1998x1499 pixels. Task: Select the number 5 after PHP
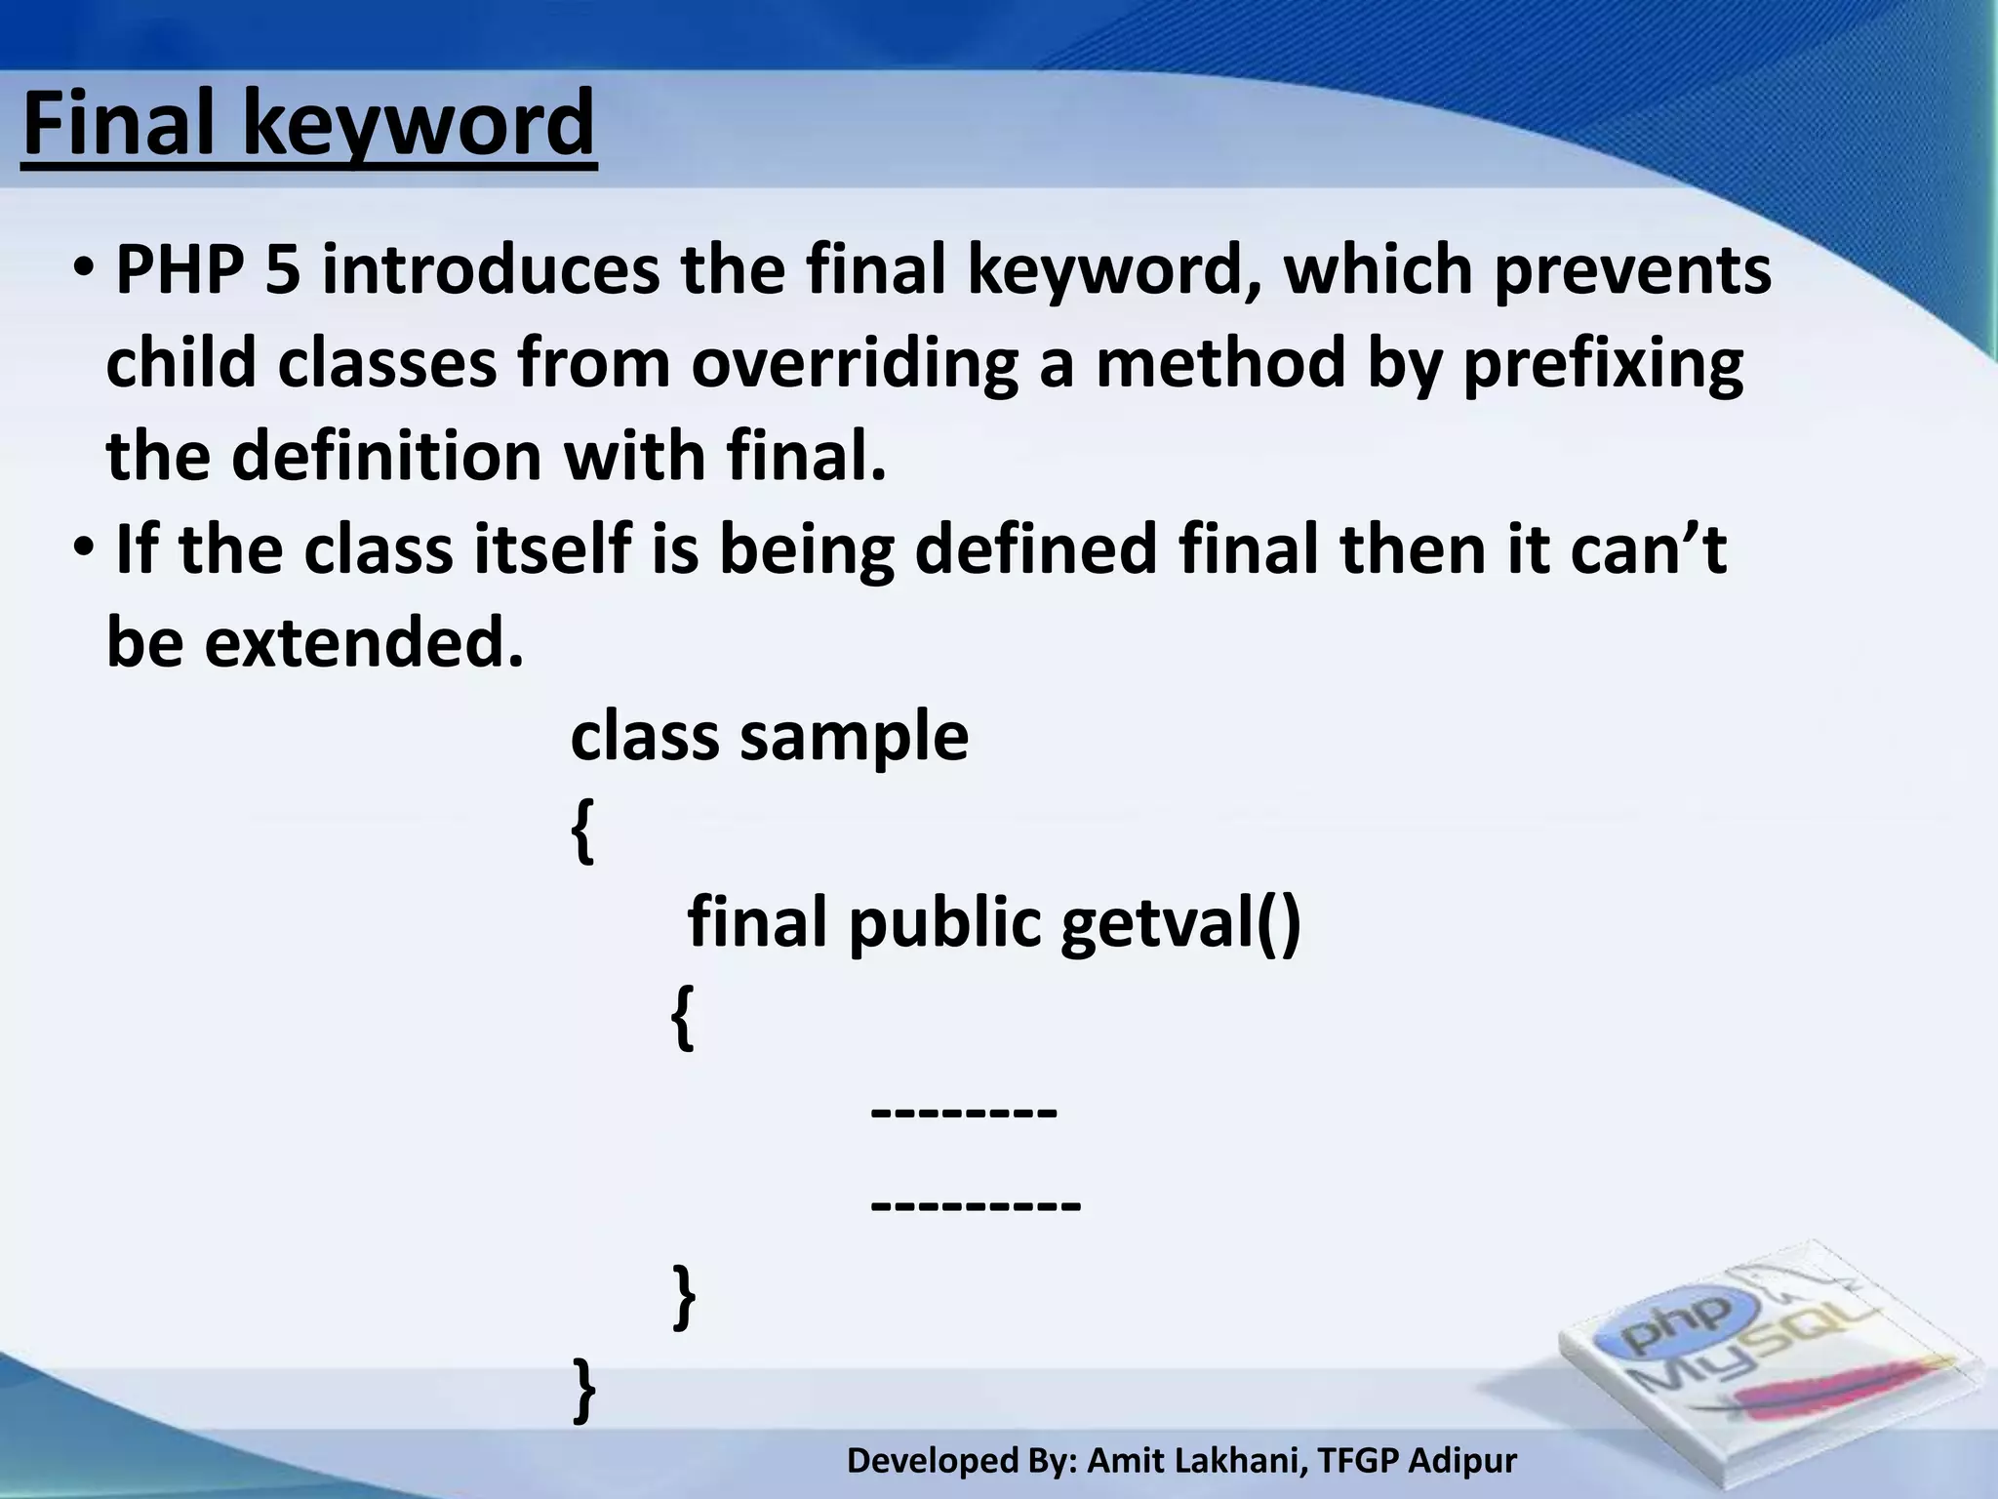click(282, 270)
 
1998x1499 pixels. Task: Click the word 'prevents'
click(1632, 270)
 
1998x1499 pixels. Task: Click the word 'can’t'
click(1649, 549)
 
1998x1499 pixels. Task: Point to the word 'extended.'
click(364, 643)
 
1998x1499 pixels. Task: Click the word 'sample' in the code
click(855, 737)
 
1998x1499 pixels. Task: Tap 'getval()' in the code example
click(1180, 922)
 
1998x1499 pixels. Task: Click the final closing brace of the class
click(583, 1390)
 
